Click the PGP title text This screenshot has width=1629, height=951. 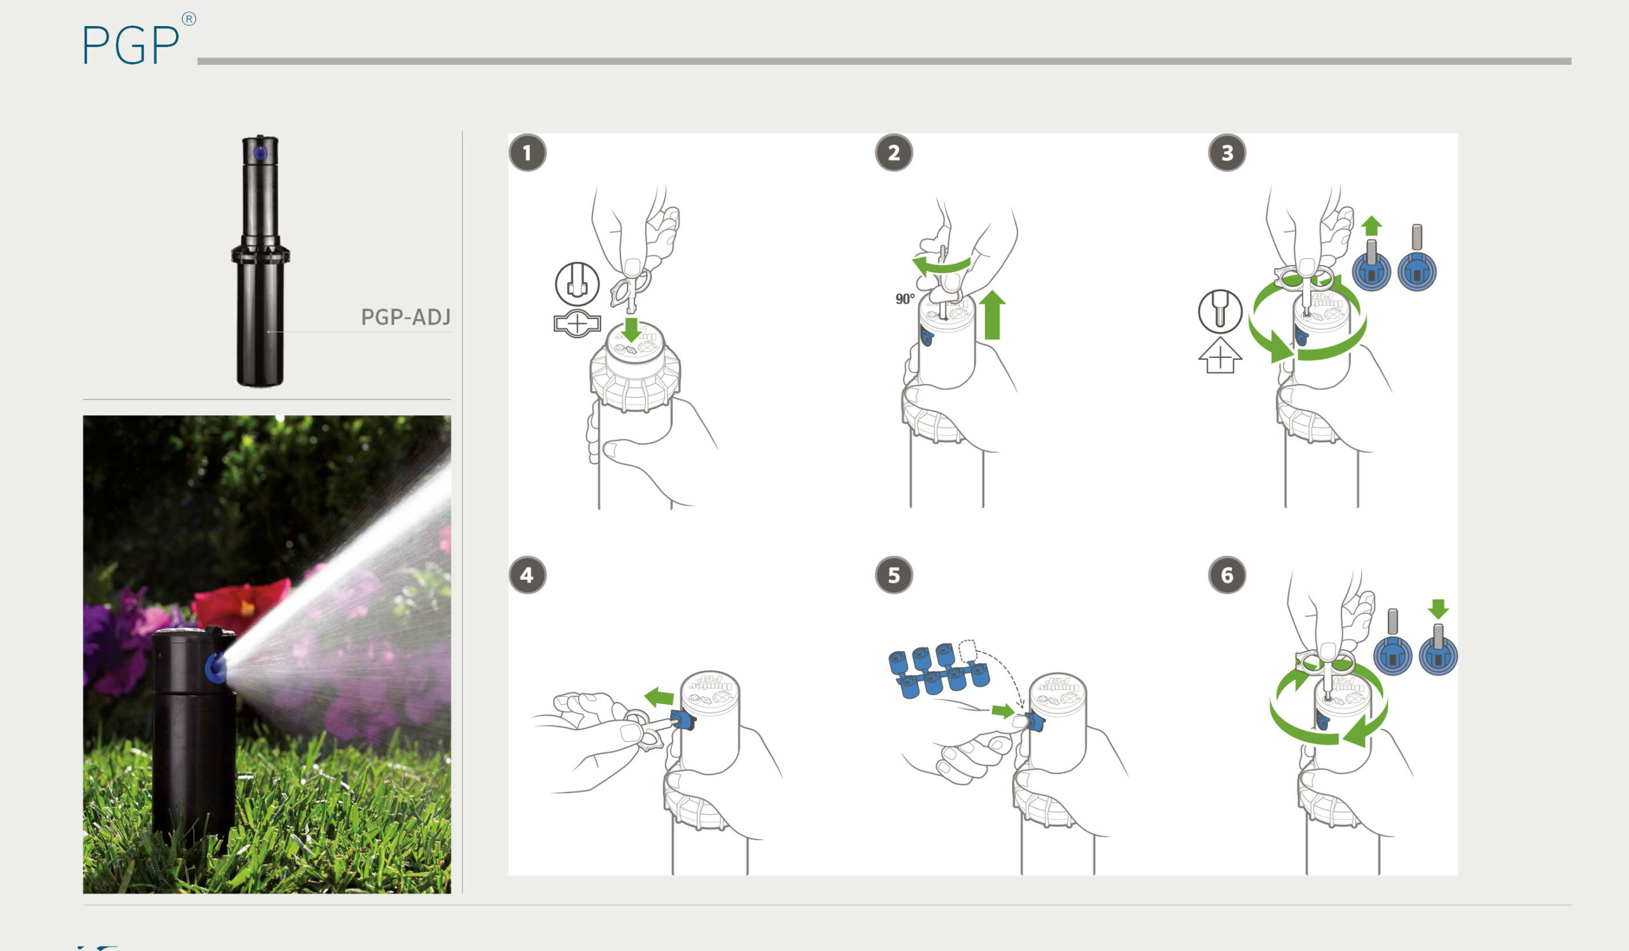pyautogui.click(x=131, y=44)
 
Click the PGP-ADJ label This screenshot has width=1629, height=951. pyautogui.click(x=405, y=317)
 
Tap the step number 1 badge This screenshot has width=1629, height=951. pyautogui.click(x=528, y=154)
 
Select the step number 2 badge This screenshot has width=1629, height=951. pyautogui.click(x=894, y=154)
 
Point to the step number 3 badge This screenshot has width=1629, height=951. pyautogui.click(x=1227, y=154)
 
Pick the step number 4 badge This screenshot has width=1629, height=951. pyautogui.click(x=528, y=575)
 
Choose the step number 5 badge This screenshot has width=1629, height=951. pyautogui.click(x=894, y=575)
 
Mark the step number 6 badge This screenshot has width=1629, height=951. pyautogui.click(x=1227, y=575)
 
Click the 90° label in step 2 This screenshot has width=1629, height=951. pyautogui.click(x=905, y=299)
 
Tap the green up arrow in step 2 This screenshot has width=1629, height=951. pyautogui.click(x=992, y=315)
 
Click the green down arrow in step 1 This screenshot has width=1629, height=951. pyautogui.click(x=631, y=329)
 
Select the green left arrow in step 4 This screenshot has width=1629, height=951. pyautogui.click(x=659, y=697)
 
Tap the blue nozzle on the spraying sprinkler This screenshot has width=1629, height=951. pyautogui.click(x=215, y=668)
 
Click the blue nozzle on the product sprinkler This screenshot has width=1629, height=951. pyautogui.click(x=260, y=154)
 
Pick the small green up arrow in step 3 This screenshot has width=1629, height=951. pyautogui.click(x=1371, y=225)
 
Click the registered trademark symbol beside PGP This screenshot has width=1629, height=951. pyautogui.click(x=189, y=18)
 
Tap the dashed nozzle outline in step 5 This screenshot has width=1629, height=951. pyautogui.click(x=968, y=651)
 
